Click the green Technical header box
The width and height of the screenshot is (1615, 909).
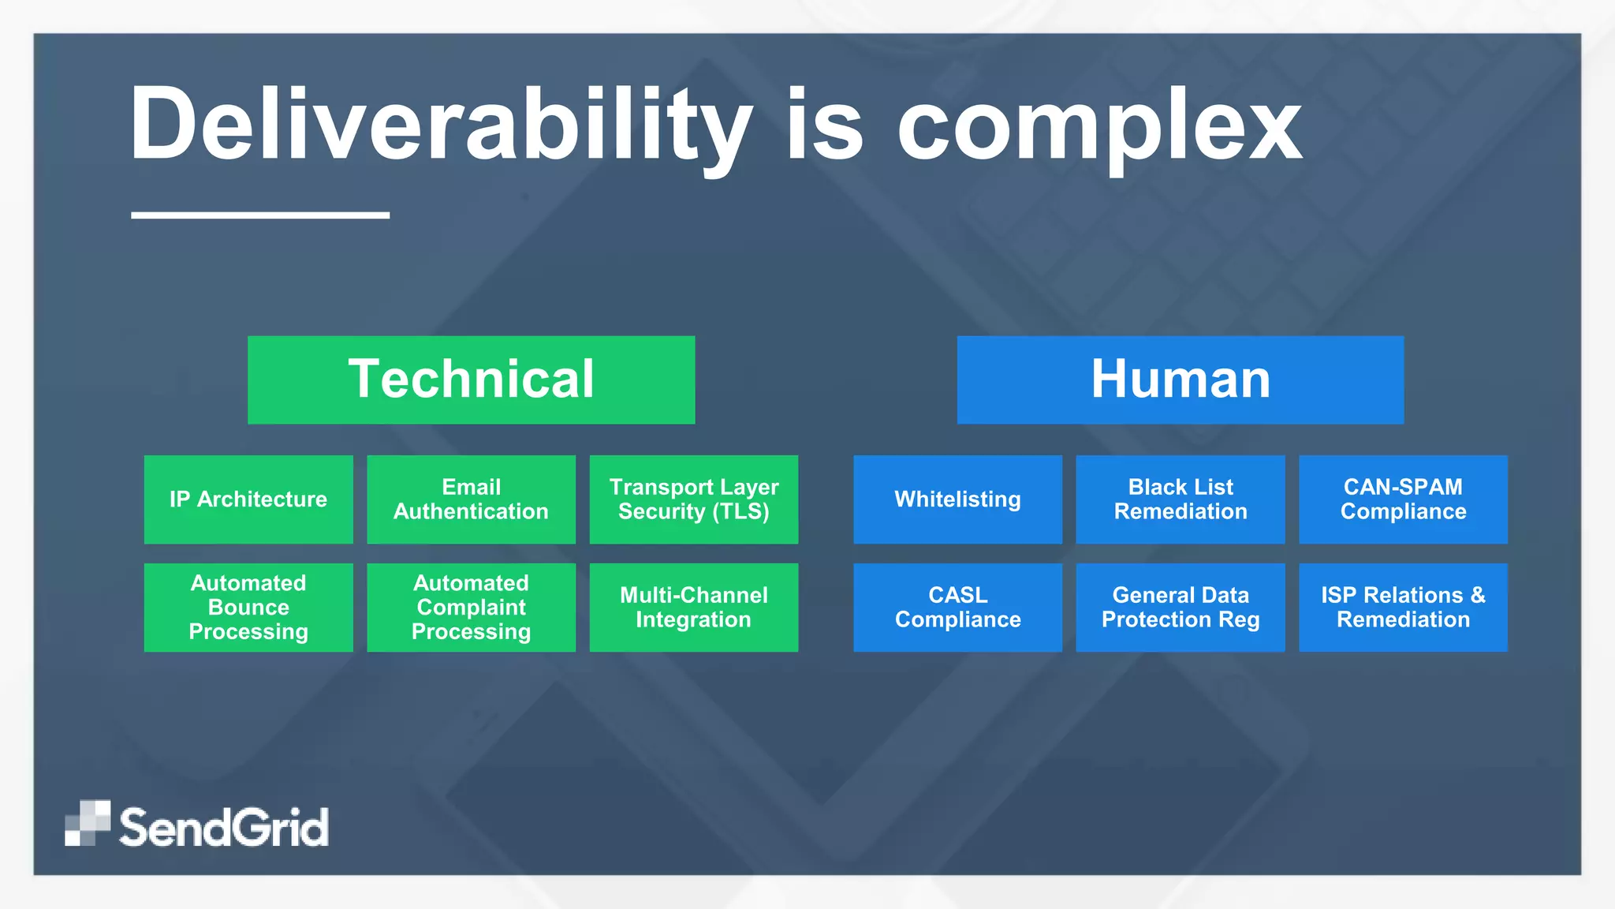click(471, 380)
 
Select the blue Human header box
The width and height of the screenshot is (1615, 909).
click(1180, 380)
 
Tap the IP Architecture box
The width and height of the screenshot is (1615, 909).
click(248, 499)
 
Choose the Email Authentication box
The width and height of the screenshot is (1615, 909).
click(471, 499)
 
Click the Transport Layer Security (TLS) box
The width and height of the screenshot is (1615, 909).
click(693, 499)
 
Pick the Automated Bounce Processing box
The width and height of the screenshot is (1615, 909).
click(248, 607)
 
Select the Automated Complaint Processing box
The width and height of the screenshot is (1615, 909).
click(471, 607)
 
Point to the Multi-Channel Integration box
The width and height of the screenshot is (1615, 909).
click(693, 607)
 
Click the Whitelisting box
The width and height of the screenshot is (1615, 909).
click(957, 499)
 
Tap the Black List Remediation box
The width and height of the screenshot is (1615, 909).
click(1180, 499)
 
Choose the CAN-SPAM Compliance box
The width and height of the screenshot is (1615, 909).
click(1403, 499)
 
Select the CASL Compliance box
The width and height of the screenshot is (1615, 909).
click(957, 607)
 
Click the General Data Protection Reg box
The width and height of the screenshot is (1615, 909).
click(1180, 607)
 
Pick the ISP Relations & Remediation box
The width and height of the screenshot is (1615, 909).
click(1403, 607)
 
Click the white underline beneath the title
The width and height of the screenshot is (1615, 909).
click(260, 215)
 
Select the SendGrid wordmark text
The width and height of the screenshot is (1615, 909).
click(223, 827)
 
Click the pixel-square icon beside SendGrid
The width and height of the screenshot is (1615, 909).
click(87, 823)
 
